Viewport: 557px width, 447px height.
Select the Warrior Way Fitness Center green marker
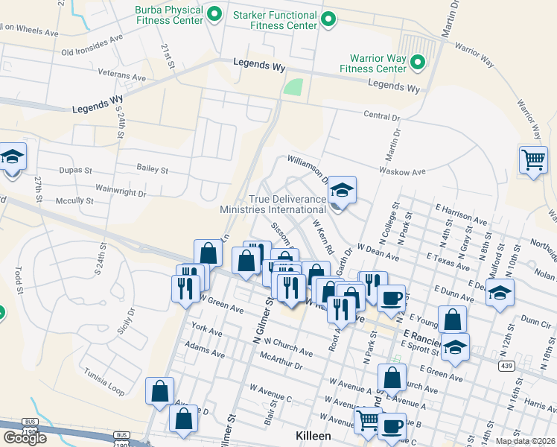point(417,62)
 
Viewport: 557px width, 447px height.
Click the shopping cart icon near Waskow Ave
point(533,159)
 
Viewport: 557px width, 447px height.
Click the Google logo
point(25,437)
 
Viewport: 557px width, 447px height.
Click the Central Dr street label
point(382,116)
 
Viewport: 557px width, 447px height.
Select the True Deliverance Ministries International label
point(273,204)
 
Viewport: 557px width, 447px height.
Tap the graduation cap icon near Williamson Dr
point(343,190)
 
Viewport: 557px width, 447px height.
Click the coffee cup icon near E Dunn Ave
point(391,298)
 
